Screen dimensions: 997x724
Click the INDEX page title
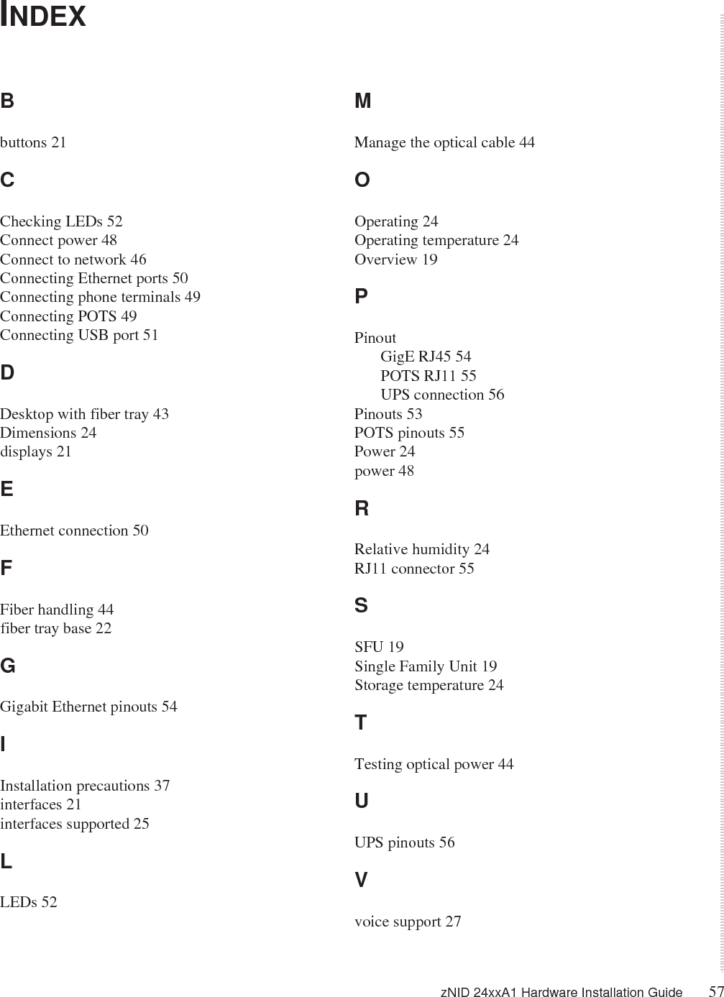(43, 16)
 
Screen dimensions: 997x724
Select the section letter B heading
(7, 101)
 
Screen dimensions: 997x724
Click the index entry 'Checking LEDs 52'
(61, 221)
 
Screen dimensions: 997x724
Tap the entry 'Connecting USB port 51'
(79, 335)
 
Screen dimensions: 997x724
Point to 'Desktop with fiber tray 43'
(84, 414)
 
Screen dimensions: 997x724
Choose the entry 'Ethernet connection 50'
(74, 530)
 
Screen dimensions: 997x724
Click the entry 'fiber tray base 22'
(55, 628)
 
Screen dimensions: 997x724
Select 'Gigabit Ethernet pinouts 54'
(88, 707)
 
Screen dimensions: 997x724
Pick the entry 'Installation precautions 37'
(85, 786)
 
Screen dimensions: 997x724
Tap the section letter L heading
(6, 862)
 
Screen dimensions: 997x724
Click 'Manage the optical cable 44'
(444, 142)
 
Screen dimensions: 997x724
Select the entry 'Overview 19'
(395, 259)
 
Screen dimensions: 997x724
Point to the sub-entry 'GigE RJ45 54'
(426, 357)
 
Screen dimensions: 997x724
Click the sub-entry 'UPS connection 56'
(442, 395)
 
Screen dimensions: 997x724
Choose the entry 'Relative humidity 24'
(421, 549)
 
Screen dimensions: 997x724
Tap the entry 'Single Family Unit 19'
(425, 666)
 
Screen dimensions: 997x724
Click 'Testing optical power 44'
(434, 764)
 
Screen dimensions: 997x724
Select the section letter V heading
(361, 880)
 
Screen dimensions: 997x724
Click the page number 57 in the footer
(715, 991)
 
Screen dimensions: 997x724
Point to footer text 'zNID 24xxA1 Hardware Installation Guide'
(561, 993)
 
